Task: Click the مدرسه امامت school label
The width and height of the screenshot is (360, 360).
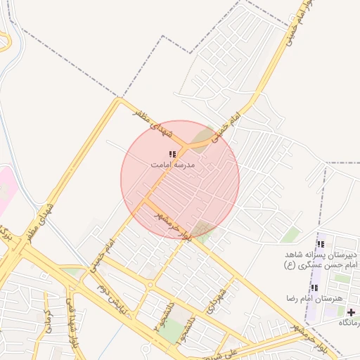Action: click(173, 165)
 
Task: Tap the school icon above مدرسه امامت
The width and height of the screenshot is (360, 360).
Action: click(172, 153)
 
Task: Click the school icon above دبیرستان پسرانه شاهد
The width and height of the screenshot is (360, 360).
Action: click(321, 244)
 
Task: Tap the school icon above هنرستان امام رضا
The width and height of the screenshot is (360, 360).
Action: click(314, 287)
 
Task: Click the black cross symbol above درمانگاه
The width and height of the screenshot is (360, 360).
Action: click(352, 311)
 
